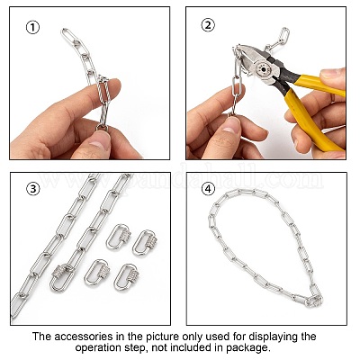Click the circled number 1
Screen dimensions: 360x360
tap(32, 28)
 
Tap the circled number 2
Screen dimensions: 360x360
tap(208, 25)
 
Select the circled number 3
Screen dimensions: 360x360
tap(33, 189)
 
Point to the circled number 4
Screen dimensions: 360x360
tap(208, 189)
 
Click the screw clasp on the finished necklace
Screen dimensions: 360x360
tap(314, 299)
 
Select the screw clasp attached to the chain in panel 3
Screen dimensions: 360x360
tap(61, 277)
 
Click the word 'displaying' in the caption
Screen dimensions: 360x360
tap(272, 337)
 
